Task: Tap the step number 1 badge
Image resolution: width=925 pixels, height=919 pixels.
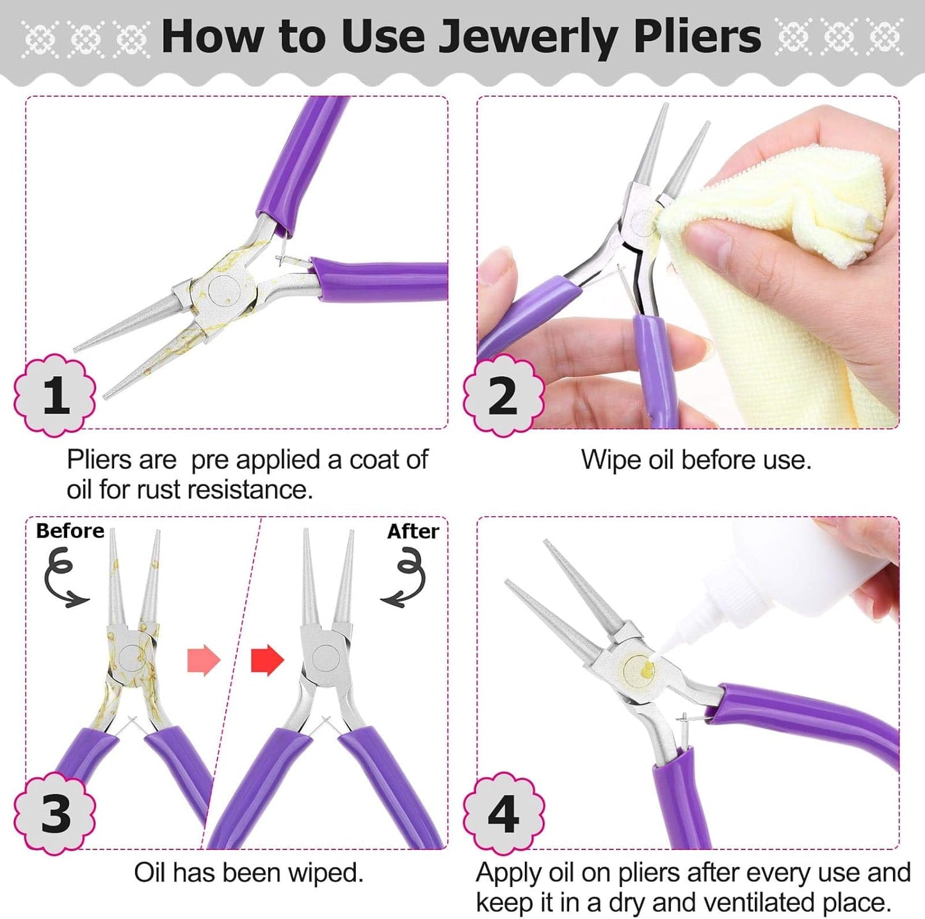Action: point(55,395)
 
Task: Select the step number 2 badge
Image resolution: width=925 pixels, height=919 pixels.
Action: point(504,395)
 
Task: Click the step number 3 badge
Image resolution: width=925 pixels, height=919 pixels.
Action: point(55,813)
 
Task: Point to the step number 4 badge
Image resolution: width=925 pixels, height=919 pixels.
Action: point(504,813)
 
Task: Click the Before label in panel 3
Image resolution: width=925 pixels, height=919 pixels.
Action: point(70,531)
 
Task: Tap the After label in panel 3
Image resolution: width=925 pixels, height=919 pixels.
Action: point(413,531)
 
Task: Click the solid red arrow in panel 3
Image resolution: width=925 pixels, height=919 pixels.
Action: point(267,660)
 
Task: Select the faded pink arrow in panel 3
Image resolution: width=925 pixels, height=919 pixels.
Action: point(204,660)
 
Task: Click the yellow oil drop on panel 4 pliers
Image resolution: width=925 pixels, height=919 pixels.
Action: point(647,669)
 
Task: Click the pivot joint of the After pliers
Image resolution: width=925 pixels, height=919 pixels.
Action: point(325,658)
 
